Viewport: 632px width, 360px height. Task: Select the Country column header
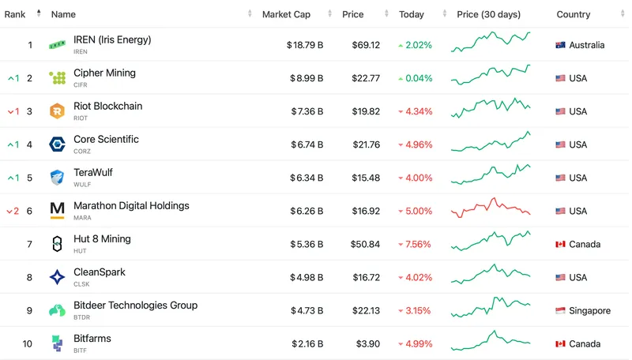(x=574, y=14)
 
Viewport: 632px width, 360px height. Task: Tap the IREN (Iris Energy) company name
(x=111, y=39)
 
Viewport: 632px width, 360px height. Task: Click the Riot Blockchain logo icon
(x=58, y=111)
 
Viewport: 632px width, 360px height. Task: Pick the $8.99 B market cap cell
(x=304, y=78)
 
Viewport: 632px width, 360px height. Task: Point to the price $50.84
(x=363, y=244)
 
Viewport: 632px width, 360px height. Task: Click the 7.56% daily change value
(x=418, y=244)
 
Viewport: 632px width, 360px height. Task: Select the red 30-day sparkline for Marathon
(x=491, y=208)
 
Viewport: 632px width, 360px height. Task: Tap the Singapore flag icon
(x=561, y=311)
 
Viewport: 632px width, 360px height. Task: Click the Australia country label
(x=587, y=45)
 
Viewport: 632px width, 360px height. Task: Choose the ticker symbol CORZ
(x=82, y=151)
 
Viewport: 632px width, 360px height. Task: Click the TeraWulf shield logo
(x=58, y=178)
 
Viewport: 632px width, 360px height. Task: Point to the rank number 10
(x=28, y=343)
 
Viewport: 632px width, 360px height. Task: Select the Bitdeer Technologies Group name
(x=135, y=305)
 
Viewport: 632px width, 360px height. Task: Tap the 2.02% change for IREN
(x=418, y=45)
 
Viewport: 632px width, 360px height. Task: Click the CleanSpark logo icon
(x=58, y=277)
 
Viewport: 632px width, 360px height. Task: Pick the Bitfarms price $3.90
(x=367, y=343)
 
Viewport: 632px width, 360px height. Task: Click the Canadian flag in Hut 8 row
(x=561, y=244)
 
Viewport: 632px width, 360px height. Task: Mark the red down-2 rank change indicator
(x=12, y=211)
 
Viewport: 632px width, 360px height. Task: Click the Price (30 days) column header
(x=488, y=14)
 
